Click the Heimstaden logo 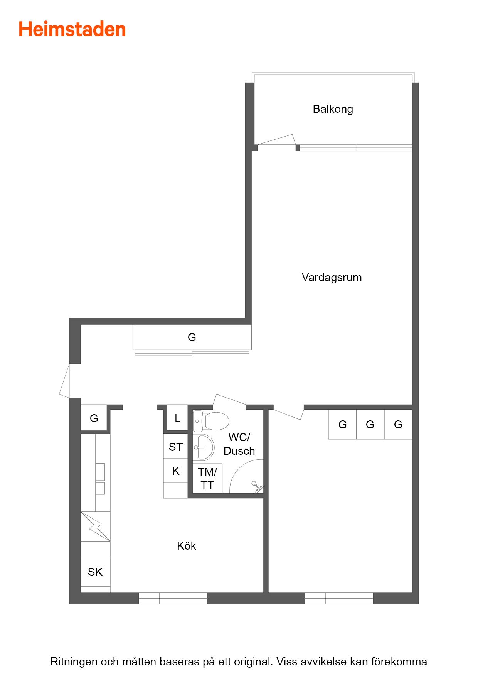(x=72, y=29)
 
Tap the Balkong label (x=333, y=109)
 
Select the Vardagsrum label (x=332, y=278)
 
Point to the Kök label (x=187, y=546)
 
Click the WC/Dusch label (x=239, y=444)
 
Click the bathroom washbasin (x=203, y=447)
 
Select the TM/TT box (x=207, y=478)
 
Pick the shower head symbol (x=257, y=487)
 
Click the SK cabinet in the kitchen (x=95, y=572)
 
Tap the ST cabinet (x=175, y=447)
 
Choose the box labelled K (x=175, y=471)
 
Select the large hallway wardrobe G (x=192, y=337)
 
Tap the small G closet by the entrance (x=94, y=418)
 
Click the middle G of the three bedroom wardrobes (x=370, y=425)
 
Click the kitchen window (x=173, y=598)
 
